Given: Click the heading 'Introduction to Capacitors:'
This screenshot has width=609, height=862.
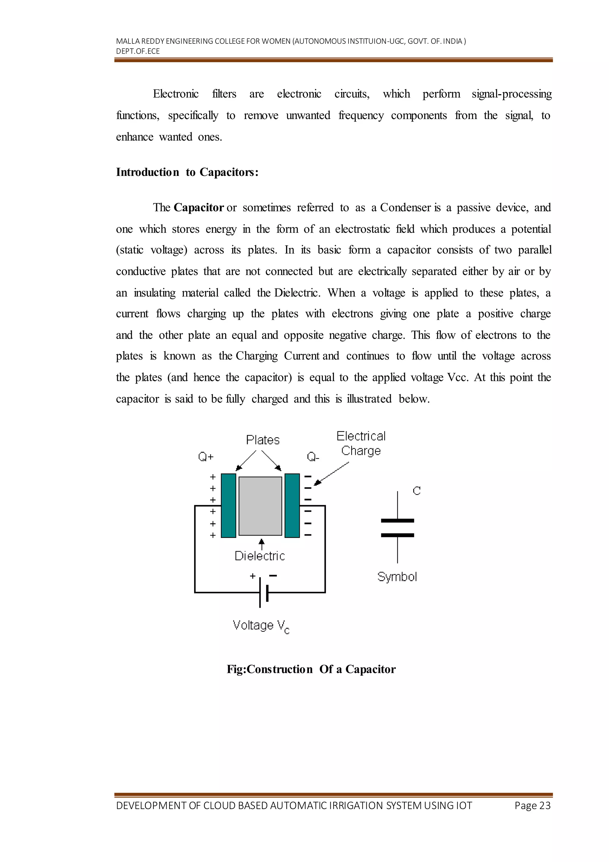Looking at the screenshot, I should pyautogui.click(x=187, y=172).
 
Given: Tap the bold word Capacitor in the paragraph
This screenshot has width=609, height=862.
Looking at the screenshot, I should pyautogui.click(x=198, y=208).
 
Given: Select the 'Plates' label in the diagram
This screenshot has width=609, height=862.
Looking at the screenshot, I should pyautogui.click(x=263, y=440).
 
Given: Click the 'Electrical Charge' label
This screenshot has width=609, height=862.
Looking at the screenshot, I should pyautogui.click(x=361, y=444).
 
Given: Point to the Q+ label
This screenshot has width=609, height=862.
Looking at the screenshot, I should pyautogui.click(x=205, y=457).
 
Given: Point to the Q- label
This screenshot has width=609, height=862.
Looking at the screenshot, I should pyautogui.click(x=313, y=457).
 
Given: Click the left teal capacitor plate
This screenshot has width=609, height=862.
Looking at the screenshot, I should pyautogui.click(x=228, y=505).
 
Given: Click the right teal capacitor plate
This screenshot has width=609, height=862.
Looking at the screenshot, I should pyautogui.click(x=292, y=505).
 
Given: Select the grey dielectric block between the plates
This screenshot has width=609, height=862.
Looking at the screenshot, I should pyautogui.click(x=260, y=506).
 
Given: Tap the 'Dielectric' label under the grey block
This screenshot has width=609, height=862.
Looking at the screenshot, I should pyautogui.click(x=260, y=556).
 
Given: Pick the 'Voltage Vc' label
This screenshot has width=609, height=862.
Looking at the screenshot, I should pyautogui.click(x=260, y=625).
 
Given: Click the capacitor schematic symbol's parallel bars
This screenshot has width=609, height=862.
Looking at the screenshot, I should pyautogui.click(x=398, y=528).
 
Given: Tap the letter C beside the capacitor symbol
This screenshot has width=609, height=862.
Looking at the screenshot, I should pyautogui.click(x=417, y=491).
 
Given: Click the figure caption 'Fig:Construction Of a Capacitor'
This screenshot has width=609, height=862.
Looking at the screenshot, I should pyautogui.click(x=311, y=669).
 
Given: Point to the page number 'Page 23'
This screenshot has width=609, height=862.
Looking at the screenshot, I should pyautogui.click(x=532, y=806).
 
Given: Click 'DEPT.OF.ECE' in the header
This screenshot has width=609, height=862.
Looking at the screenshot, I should pyautogui.click(x=138, y=51).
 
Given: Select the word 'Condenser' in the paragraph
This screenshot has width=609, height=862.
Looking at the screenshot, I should pyautogui.click(x=405, y=208).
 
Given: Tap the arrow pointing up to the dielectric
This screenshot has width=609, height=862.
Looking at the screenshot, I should pyautogui.click(x=262, y=544).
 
